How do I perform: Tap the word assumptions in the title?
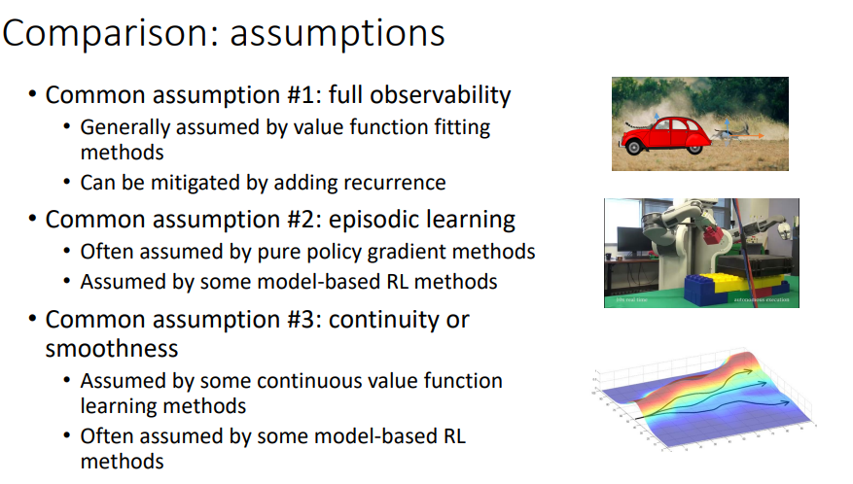tap(338, 35)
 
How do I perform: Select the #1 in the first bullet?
tap(304, 95)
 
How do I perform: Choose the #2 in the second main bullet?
tap(304, 221)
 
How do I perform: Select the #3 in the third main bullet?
tap(304, 321)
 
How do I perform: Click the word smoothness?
tap(112, 349)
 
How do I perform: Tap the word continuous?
tap(309, 381)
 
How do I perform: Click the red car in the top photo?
tap(664, 136)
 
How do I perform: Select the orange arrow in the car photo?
tap(749, 135)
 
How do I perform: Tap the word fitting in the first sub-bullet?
tap(462, 127)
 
